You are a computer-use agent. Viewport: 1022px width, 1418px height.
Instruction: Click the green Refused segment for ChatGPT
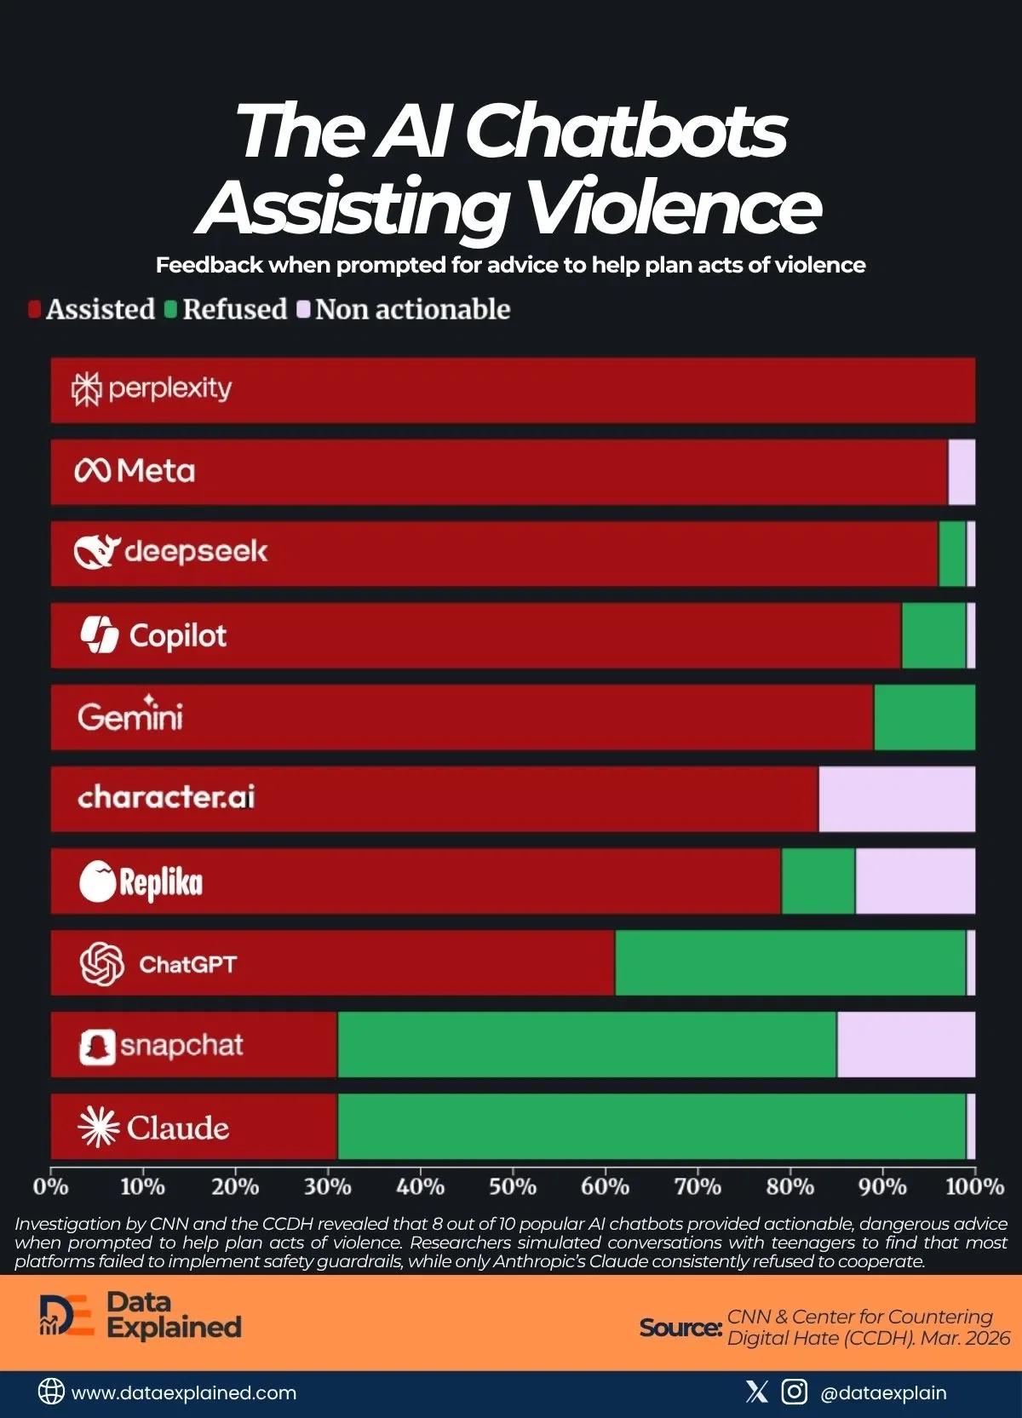click(790, 962)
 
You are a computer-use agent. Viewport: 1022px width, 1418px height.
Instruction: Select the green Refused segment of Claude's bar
click(652, 1127)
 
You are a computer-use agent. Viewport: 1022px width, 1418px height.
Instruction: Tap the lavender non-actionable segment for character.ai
click(897, 799)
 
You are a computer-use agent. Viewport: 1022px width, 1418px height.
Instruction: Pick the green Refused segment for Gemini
click(924, 717)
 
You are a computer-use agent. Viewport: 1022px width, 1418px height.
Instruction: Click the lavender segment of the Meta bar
click(962, 472)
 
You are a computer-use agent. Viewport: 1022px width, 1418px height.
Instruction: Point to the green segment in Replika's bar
click(818, 881)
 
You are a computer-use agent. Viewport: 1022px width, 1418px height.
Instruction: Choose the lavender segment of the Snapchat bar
click(906, 1045)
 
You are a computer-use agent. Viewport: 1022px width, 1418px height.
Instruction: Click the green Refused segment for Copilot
click(933, 635)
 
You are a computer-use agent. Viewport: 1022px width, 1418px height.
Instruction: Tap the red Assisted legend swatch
click(34, 309)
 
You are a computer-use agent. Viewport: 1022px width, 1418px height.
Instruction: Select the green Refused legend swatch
click(170, 309)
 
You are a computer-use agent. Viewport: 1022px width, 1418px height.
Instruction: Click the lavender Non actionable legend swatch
click(303, 309)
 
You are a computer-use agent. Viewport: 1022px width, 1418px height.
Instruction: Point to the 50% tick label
click(513, 1186)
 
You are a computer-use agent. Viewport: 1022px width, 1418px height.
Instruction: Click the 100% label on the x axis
click(974, 1186)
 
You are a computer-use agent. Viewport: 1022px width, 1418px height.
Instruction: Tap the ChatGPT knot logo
click(101, 964)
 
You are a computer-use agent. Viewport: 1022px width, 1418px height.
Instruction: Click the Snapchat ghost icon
click(97, 1047)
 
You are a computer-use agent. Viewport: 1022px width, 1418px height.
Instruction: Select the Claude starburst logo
click(98, 1128)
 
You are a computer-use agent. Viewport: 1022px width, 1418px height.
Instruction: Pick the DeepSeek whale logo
click(95, 552)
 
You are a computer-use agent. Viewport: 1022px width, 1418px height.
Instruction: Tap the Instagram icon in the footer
click(794, 1392)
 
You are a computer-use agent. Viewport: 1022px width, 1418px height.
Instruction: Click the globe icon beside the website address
click(51, 1392)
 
